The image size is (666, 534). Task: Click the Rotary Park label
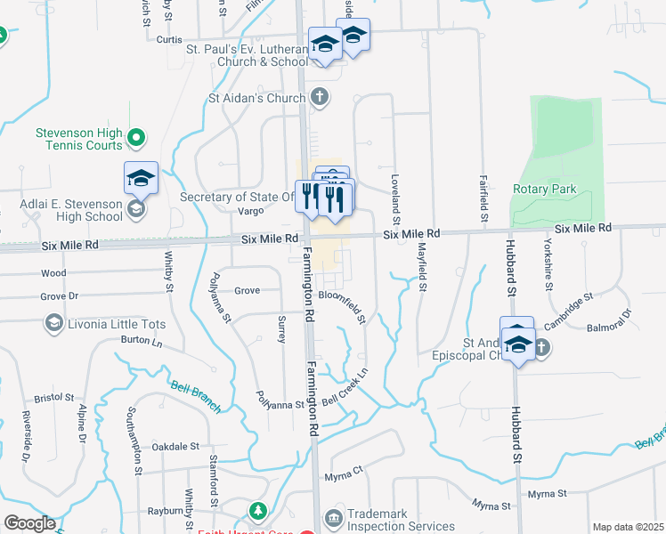[545, 189]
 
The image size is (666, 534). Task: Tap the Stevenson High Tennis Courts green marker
[135, 138]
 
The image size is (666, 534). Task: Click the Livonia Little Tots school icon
[53, 323]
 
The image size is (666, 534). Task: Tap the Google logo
[29, 524]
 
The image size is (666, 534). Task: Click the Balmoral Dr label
[609, 320]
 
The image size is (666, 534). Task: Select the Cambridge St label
[568, 311]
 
